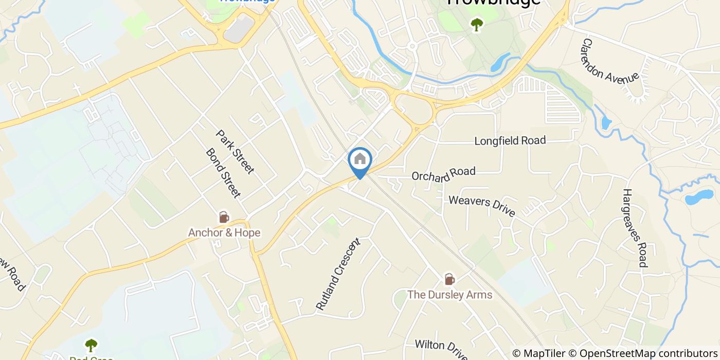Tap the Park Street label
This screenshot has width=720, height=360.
[x=235, y=152]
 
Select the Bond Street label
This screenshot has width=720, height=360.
[x=223, y=173]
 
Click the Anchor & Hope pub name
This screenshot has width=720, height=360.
[x=224, y=233]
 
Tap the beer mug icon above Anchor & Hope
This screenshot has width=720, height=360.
[x=224, y=217]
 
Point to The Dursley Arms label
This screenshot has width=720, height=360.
[x=449, y=295]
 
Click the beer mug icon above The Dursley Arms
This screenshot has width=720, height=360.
[x=449, y=279]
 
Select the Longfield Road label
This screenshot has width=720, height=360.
[x=510, y=140]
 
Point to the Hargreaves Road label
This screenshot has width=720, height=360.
[x=634, y=228]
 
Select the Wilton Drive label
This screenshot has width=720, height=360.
[x=441, y=349]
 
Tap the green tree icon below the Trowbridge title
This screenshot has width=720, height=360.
[x=477, y=24]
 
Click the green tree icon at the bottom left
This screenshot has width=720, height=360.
[x=91, y=345]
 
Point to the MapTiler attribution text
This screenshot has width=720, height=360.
[x=541, y=353]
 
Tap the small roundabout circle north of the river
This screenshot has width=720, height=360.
[x=412, y=46]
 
